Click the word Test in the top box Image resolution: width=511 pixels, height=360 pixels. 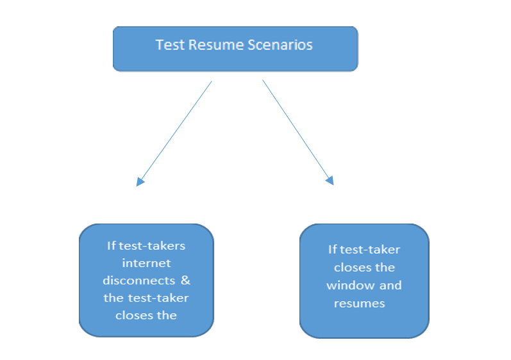click(170, 45)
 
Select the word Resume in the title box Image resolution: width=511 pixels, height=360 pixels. click(216, 45)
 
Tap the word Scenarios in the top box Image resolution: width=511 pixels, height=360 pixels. click(280, 45)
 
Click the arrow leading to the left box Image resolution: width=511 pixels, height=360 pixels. click(174, 133)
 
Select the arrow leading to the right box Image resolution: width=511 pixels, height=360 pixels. click(298, 133)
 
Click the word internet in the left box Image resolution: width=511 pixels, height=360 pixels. click(146, 263)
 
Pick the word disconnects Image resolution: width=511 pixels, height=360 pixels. click(139, 281)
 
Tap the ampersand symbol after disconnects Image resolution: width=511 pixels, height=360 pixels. click(185, 281)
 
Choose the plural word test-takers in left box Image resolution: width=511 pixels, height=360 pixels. click(152, 246)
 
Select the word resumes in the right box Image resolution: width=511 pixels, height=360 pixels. click(360, 304)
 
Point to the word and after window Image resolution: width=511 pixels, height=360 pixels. click(390, 286)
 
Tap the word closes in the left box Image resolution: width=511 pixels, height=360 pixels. click(134, 315)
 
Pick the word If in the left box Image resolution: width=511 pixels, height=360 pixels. click(112, 246)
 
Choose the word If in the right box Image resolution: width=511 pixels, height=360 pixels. click(332, 250)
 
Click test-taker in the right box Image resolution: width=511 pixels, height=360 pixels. click(370, 250)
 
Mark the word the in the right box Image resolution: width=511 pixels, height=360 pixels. click(385, 268)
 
